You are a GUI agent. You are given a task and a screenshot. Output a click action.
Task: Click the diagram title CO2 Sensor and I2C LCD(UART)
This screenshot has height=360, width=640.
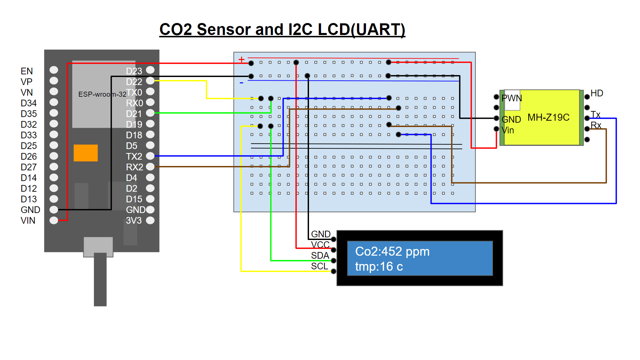tap(282, 29)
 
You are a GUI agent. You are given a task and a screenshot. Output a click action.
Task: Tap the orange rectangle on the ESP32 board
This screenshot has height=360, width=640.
tap(86, 153)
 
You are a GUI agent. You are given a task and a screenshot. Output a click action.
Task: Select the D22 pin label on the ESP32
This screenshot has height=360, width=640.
tap(134, 82)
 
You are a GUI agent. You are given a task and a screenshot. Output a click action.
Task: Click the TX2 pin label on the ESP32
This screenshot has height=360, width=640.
tap(134, 156)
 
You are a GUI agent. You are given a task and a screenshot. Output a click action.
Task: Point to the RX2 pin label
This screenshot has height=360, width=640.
tap(134, 167)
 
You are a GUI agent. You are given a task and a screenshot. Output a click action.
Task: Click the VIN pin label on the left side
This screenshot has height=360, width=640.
tap(28, 220)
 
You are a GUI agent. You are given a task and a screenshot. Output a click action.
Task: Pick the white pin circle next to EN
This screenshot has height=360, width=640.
tap(54, 70)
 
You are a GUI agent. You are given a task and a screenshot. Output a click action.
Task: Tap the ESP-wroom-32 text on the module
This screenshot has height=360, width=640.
tap(102, 94)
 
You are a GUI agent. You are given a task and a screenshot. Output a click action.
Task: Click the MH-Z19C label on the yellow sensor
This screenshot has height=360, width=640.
tap(548, 117)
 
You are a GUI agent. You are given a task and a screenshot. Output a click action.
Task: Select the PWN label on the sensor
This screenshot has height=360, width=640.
tap(512, 98)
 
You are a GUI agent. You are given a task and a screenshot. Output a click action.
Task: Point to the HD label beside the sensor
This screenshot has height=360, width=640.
tap(597, 93)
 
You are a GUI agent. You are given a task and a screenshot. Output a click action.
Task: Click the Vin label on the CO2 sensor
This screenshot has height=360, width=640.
tap(508, 130)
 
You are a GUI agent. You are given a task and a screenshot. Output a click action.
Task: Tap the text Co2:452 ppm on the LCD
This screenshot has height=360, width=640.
tap(392, 252)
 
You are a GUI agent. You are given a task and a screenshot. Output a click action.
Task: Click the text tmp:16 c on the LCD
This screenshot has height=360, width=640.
tap(379, 267)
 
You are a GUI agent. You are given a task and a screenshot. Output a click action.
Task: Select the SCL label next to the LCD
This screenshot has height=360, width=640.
tap(319, 266)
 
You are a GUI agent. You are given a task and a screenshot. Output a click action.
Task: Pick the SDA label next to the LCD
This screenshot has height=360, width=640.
tap(320, 256)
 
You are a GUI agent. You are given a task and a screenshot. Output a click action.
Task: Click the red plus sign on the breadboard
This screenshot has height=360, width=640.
tap(241, 60)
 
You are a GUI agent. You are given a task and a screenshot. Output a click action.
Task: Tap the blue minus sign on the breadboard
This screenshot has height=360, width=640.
tap(241, 83)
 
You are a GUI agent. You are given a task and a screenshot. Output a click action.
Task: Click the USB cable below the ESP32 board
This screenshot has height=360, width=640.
tap(100, 280)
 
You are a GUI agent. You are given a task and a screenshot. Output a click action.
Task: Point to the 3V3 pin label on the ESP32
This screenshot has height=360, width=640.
tap(134, 220)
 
